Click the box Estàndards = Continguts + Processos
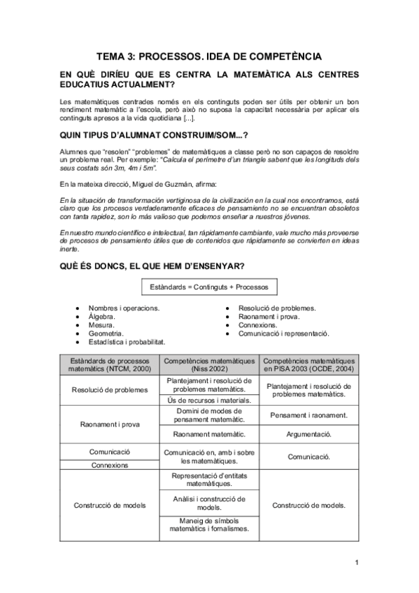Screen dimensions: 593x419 click(x=209, y=287)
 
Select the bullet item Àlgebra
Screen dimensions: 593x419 click(x=102, y=317)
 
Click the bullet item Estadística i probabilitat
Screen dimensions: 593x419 click(x=127, y=343)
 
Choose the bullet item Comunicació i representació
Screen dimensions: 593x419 click(x=283, y=334)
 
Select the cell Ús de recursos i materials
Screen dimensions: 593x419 click(x=209, y=401)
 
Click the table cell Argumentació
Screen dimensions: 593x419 click(x=308, y=434)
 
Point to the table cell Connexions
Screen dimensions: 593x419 click(x=110, y=465)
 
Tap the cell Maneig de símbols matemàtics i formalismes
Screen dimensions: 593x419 click(x=209, y=525)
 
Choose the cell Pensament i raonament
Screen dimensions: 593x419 click(x=308, y=415)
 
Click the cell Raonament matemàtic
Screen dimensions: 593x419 click(x=209, y=434)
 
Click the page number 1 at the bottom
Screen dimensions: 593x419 click(x=356, y=562)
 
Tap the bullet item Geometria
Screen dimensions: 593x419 click(x=106, y=334)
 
